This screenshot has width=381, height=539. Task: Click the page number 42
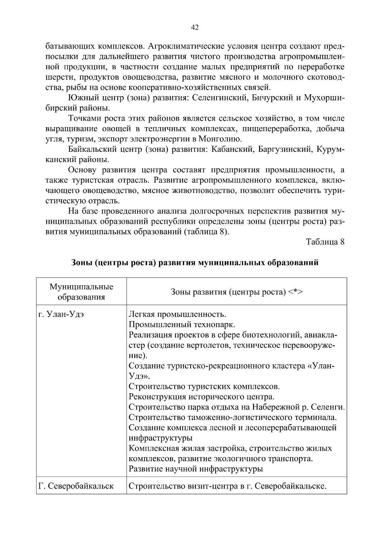(x=195, y=28)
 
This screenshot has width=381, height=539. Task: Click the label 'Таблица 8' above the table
(x=325, y=242)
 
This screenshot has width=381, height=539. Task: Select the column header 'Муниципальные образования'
(x=81, y=292)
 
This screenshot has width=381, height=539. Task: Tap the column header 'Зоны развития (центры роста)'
(x=237, y=292)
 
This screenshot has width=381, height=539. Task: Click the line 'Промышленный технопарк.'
(x=182, y=325)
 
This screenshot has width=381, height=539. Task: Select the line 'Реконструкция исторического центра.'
(x=201, y=397)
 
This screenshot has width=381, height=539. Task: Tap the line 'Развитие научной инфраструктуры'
(x=196, y=469)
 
